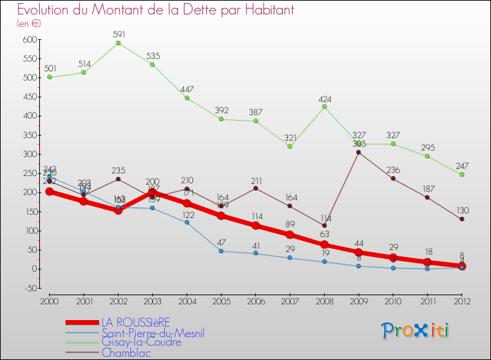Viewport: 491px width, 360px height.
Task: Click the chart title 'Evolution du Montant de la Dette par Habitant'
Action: pos(155,10)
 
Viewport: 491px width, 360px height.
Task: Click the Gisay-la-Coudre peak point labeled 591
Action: pos(118,43)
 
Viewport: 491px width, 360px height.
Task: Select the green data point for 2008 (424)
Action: pos(324,107)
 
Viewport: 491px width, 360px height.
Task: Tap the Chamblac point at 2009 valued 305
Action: pos(358,153)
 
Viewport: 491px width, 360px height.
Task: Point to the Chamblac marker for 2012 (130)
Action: pos(462,219)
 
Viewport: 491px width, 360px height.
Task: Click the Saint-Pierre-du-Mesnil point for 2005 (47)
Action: pos(221,251)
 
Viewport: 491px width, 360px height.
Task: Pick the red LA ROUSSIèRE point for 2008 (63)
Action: pos(324,245)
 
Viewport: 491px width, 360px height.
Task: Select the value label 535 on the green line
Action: pos(153,56)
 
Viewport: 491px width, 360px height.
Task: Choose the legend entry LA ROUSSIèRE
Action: pos(135,322)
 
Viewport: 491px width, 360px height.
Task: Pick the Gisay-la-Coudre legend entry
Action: pos(141,342)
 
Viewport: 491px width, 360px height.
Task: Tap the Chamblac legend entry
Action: pos(125,352)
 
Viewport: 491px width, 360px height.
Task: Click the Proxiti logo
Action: pos(416,331)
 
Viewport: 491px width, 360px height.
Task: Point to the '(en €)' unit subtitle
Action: pos(29,24)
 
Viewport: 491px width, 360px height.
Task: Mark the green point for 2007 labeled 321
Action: pos(289,146)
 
